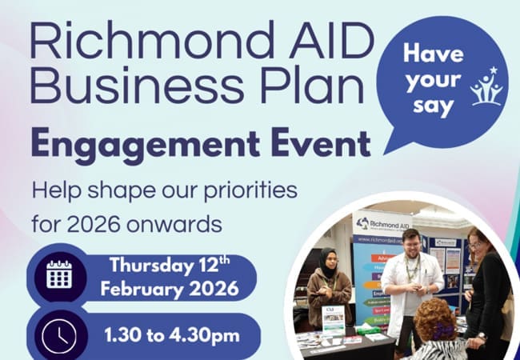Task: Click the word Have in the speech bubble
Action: (x=434, y=55)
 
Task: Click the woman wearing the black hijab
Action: (x=327, y=285)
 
